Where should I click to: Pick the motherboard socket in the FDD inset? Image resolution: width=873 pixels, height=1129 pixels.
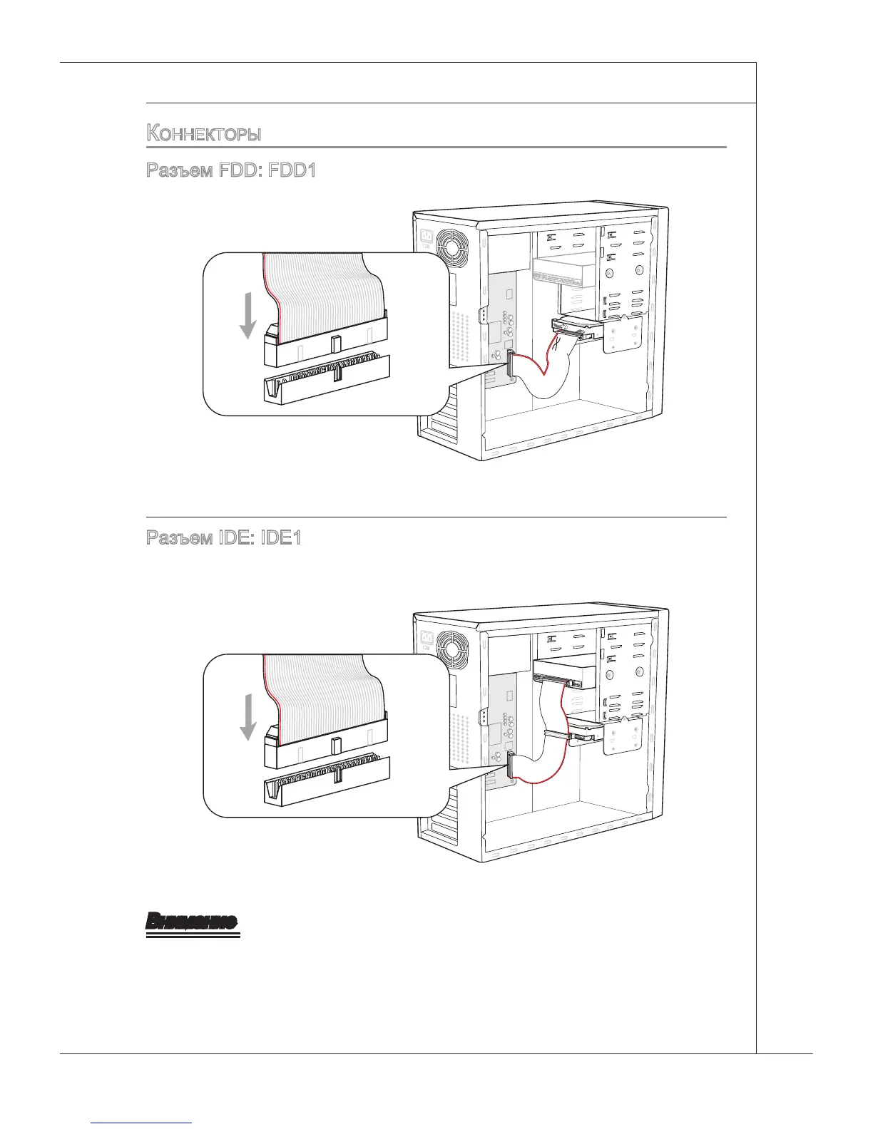click(x=327, y=379)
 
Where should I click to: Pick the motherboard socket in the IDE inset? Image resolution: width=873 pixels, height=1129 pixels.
click(x=327, y=780)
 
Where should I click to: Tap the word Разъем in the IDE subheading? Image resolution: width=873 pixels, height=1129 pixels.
click(x=178, y=538)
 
